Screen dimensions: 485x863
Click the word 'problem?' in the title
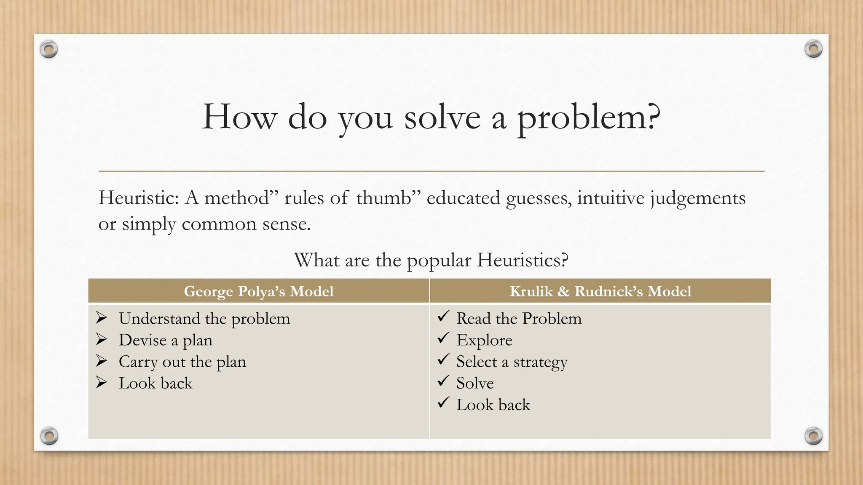[588, 118]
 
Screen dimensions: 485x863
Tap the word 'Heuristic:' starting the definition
[139, 198]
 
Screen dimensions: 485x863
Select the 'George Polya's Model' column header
[258, 291]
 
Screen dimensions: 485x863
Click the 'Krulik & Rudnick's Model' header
[600, 291]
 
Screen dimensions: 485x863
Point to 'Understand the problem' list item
[204, 319]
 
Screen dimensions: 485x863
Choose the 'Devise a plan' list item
[165, 340]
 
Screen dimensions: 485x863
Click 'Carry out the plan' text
[182, 362]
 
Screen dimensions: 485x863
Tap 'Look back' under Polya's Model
[155, 383]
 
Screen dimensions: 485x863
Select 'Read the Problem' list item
[519, 319]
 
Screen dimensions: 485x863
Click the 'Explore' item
[484, 340]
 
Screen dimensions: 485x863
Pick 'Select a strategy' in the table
[512, 362]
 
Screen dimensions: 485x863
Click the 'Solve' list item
[475, 383]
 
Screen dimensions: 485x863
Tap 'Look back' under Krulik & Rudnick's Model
[493, 405]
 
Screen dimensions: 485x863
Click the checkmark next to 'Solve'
[443, 381]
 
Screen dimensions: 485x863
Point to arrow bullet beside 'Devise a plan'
[101, 339]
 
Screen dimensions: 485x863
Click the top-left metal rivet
[49, 50]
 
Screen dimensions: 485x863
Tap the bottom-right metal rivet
[813, 436]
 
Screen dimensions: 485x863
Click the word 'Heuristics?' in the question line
[523, 260]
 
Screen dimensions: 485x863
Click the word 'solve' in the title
[442, 118]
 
